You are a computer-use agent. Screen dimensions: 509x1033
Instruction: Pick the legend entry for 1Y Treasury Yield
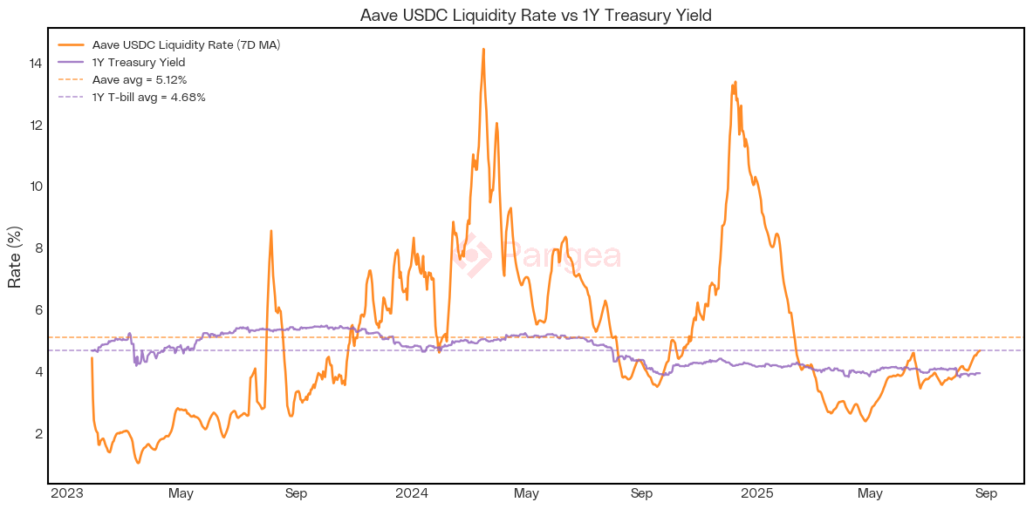[139, 63]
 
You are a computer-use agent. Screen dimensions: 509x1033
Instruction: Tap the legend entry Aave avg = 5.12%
[140, 80]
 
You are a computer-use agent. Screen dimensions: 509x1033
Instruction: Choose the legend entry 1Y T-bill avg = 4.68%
[149, 98]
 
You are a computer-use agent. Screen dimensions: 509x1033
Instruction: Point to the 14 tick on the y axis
[35, 64]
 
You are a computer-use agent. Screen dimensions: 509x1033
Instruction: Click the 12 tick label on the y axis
[35, 126]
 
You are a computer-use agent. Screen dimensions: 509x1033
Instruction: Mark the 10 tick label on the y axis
[35, 187]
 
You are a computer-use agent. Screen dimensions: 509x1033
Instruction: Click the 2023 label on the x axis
[66, 494]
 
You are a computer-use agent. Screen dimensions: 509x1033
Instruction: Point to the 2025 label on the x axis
[756, 494]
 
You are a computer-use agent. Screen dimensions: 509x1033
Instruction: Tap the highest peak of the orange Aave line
[483, 50]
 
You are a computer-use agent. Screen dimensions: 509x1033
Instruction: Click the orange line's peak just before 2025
[735, 82]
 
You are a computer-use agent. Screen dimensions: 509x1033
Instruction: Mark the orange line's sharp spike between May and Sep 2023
[271, 231]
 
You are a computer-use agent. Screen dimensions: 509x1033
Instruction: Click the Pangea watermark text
[563, 256]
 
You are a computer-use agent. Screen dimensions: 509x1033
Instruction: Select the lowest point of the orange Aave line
[138, 462]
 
